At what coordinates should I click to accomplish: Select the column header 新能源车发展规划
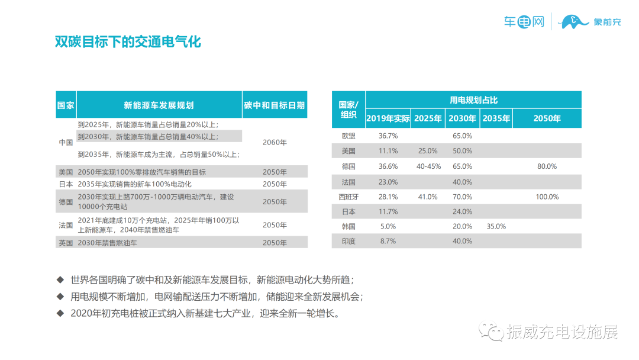(159, 105)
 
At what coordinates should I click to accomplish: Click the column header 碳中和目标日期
(275, 105)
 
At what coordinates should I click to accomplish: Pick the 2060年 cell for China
(275, 143)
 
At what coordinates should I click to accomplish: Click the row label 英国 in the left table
(66, 243)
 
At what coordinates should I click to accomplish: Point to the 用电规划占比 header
(473, 99)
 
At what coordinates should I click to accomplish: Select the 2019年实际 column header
(388, 118)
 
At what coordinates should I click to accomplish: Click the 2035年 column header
(496, 118)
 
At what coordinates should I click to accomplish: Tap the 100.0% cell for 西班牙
(547, 197)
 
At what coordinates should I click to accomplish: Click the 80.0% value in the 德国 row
(547, 166)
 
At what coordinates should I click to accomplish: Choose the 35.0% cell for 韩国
(496, 226)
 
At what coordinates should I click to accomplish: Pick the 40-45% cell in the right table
(428, 166)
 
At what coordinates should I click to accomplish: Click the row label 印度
(348, 241)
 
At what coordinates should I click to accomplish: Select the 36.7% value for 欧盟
(388, 136)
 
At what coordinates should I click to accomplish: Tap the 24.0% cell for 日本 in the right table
(462, 211)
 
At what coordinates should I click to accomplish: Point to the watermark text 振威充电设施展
(561, 332)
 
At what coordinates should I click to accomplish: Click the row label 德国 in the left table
(66, 202)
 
